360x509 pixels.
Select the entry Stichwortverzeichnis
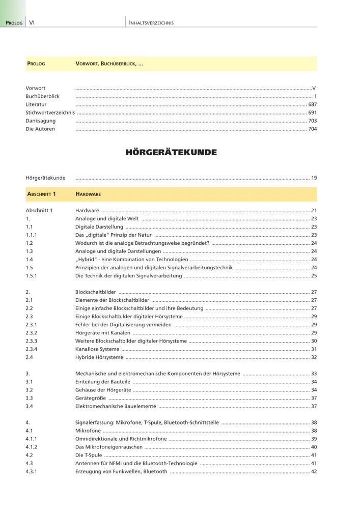click(50, 112)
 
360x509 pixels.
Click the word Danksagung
click(41, 121)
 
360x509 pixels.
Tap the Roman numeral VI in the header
click(32, 23)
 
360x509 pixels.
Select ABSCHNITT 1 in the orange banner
click(41, 194)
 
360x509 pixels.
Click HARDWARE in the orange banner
click(88, 194)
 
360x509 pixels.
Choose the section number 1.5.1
click(33, 275)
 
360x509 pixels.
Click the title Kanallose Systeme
click(97, 349)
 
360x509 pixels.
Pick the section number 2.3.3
click(33, 341)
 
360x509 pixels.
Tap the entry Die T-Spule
click(89, 455)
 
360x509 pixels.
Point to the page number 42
click(314, 471)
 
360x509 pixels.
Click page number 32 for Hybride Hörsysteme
click(314, 357)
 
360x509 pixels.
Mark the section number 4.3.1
click(33, 471)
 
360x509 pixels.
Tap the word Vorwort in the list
click(36, 88)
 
